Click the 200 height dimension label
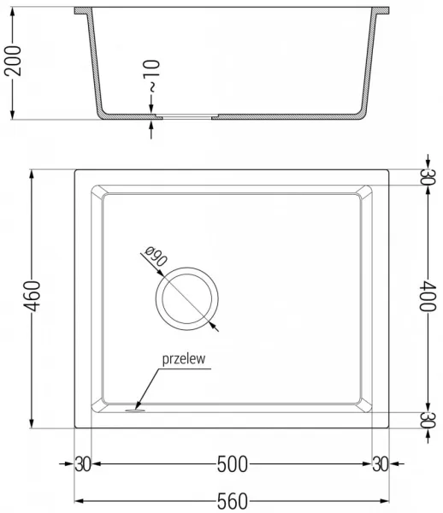coord(13,61)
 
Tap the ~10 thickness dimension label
coord(151,75)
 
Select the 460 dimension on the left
coord(32,296)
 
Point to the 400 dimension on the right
coord(428,296)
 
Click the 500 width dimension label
coord(233,464)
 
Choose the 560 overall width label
coord(233,501)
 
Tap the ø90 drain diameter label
coord(156,256)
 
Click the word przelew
coord(184,359)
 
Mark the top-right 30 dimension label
coord(428,177)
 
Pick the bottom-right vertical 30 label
coord(428,420)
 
